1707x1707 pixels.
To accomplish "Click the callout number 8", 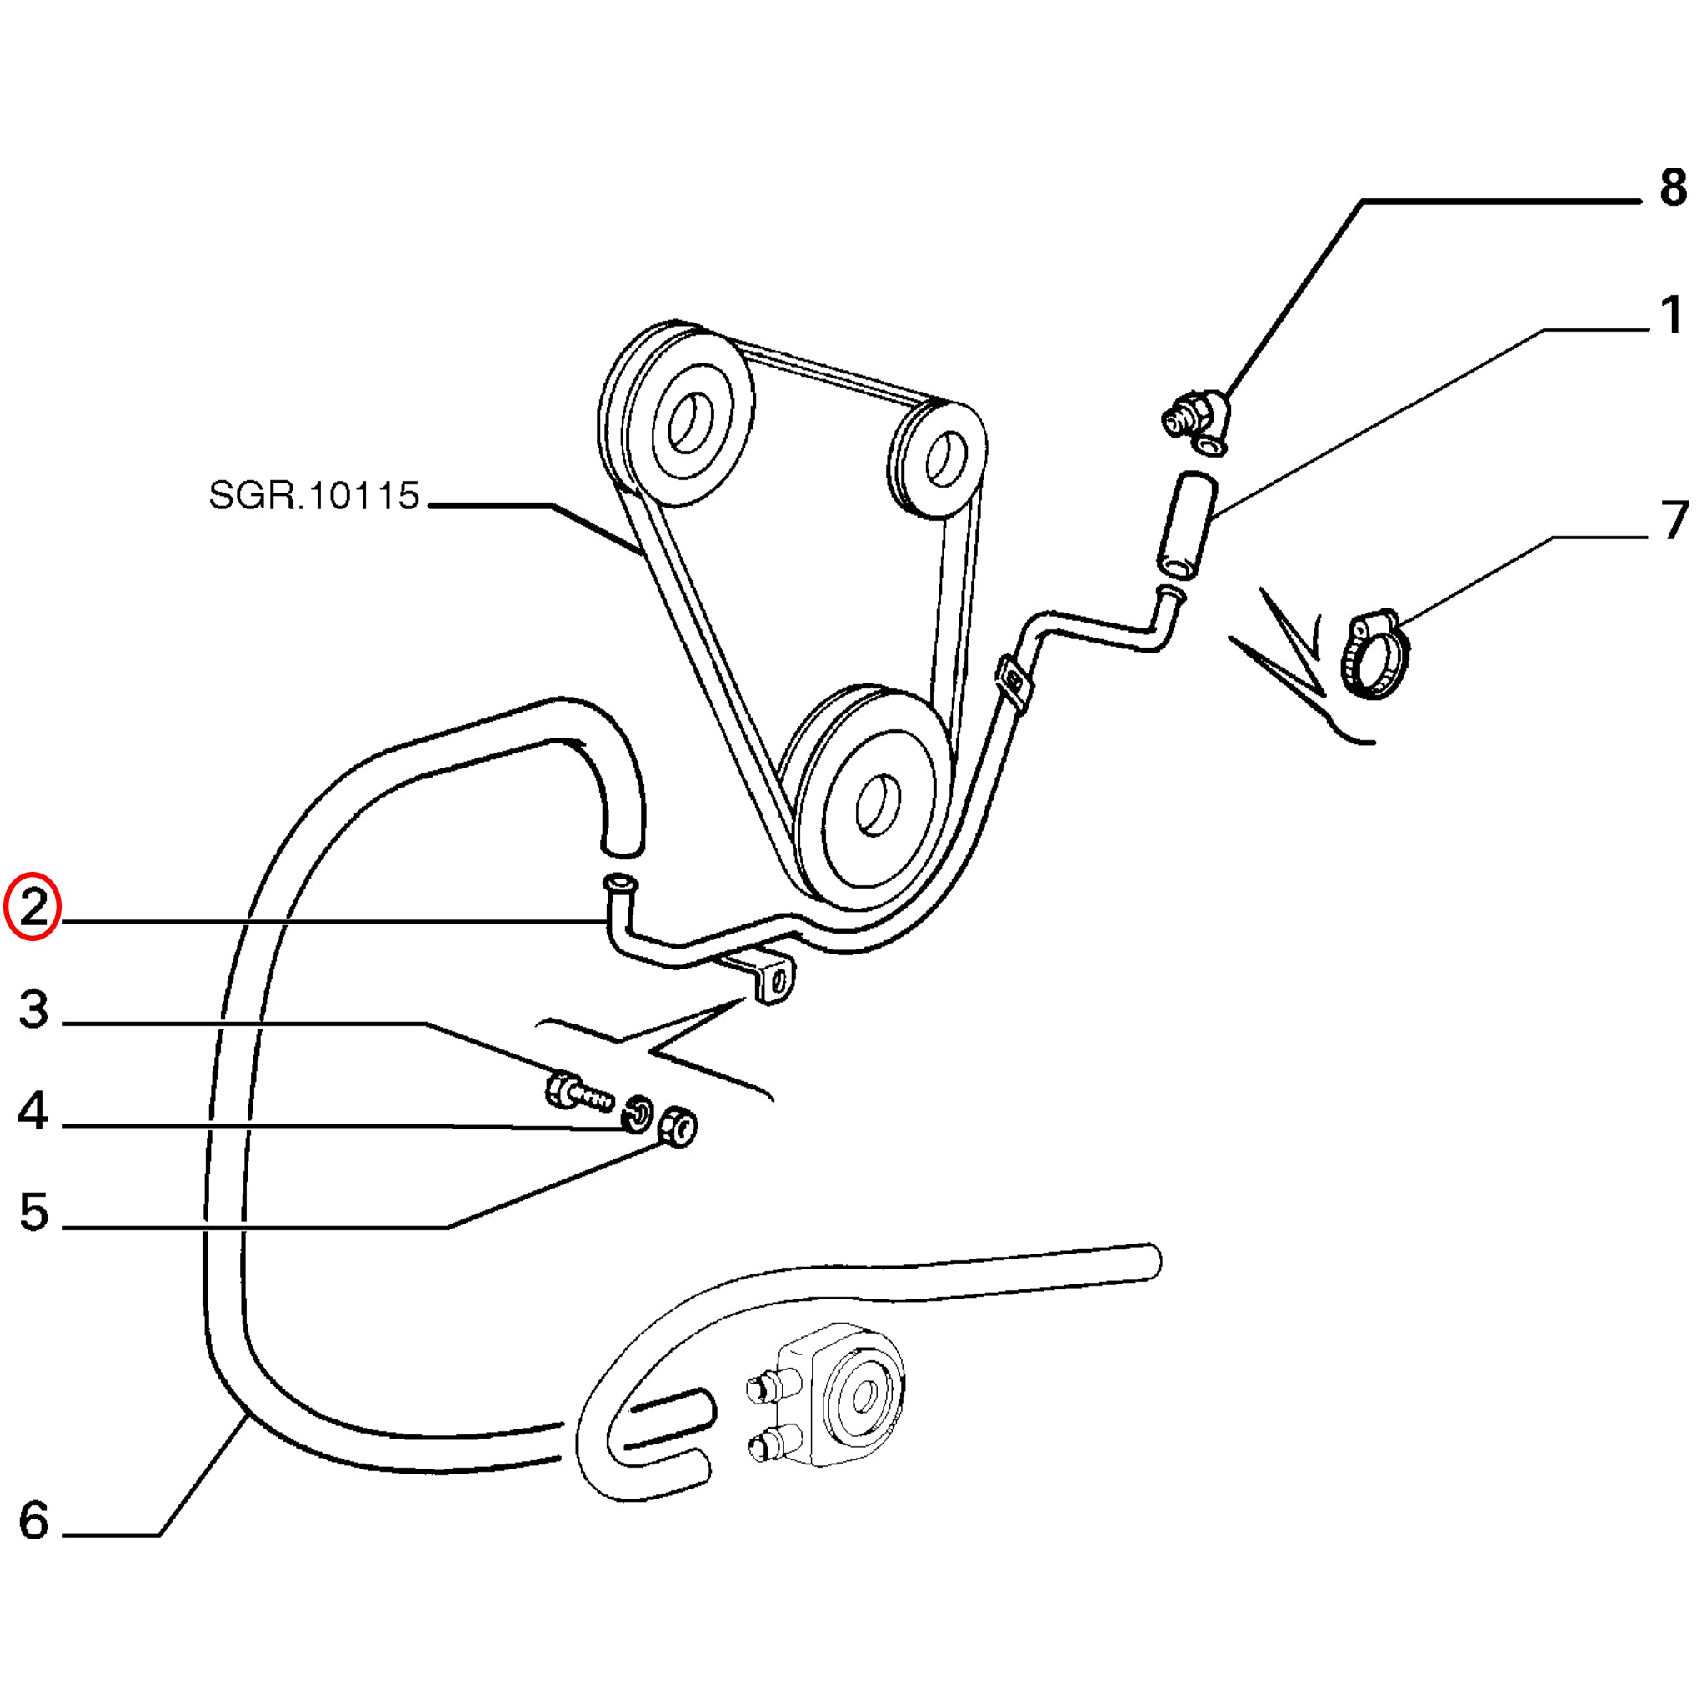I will [x=1673, y=188].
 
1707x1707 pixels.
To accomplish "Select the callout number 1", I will [x=1671, y=315].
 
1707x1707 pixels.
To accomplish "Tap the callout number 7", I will [x=1675, y=521].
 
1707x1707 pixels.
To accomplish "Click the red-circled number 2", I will [x=32, y=909].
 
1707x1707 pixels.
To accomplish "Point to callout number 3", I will [x=33, y=1010].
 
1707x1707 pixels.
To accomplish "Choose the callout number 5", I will [x=33, y=1211].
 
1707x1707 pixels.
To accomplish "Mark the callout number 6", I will [x=33, y=1520].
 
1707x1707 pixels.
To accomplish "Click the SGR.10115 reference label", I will [x=313, y=496].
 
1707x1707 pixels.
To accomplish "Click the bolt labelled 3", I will [x=575, y=1092].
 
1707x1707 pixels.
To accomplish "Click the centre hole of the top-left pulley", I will [x=689, y=421].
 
